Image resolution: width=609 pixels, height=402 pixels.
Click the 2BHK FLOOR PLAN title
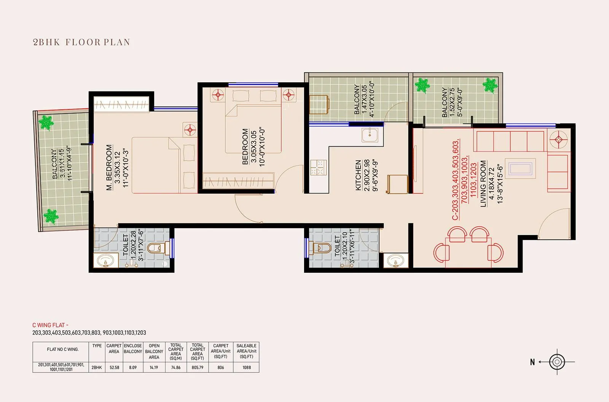(81, 42)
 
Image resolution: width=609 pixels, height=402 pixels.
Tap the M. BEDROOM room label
(109, 168)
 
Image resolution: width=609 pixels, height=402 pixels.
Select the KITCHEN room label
(358, 175)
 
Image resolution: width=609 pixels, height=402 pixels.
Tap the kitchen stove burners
(319, 168)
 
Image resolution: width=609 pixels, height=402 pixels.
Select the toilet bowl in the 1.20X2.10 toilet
(323, 248)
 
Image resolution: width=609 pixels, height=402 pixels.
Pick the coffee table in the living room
(520, 169)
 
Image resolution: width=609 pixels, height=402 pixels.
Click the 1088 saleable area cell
(247, 367)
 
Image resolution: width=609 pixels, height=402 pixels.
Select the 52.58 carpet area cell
(114, 367)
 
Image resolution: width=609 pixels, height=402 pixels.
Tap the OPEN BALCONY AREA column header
(154, 351)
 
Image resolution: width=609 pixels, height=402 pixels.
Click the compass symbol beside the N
(557, 362)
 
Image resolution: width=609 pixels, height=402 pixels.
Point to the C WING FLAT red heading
(50, 325)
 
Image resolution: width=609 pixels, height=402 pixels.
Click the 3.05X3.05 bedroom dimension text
(253, 147)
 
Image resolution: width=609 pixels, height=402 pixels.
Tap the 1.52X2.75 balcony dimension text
(452, 102)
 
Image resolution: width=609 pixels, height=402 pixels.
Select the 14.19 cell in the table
(154, 367)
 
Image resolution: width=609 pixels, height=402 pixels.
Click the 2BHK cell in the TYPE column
(97, 367)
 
